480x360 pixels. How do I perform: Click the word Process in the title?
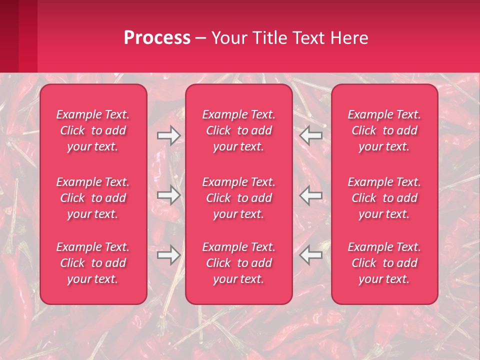point(157,38)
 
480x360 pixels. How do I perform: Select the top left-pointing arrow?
point(311,135)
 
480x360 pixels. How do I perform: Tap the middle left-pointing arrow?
point(311,195)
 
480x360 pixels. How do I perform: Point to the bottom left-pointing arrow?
point(311,255)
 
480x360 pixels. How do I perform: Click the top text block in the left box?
point(93,130)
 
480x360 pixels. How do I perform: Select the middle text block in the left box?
point(93,198)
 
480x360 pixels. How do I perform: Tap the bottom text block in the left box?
point(93,263)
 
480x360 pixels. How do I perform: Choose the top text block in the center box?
point(239,130)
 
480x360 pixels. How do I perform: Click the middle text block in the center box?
point(239,198)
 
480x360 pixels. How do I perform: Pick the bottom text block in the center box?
point(239,263)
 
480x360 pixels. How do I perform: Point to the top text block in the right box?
point(384,130)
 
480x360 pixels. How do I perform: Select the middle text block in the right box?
point(384,198)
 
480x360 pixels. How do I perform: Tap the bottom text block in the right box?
point(384,263)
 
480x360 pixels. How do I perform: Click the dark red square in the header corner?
point(10,35)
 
